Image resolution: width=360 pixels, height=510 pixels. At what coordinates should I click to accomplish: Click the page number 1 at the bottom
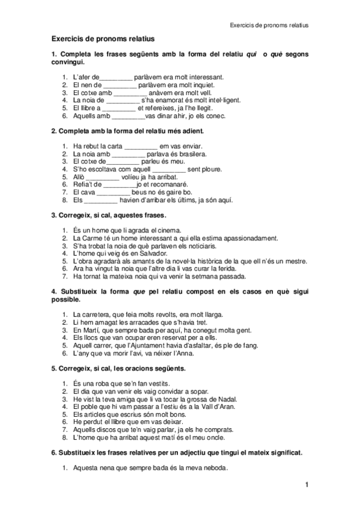click(306, 485)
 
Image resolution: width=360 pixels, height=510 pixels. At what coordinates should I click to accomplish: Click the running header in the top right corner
click(269, 26)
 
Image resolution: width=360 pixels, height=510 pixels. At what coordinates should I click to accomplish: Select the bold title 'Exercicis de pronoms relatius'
click(103, 38)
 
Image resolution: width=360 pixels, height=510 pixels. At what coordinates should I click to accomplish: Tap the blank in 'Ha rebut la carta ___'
click(141, 146)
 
